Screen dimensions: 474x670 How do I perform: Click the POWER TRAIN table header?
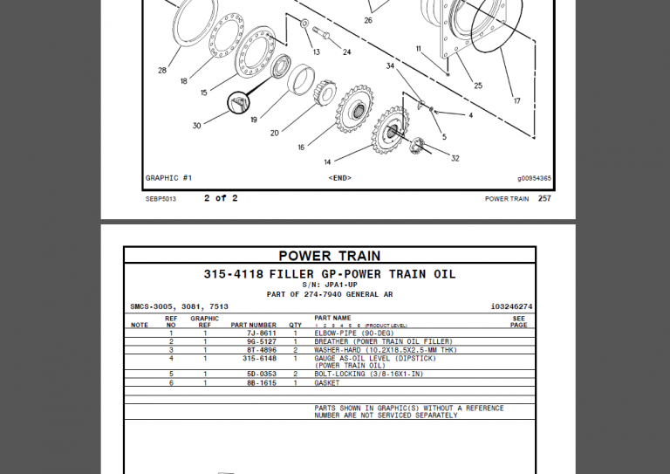[x=329, y=256]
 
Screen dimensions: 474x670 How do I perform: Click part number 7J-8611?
[x=261, y=333]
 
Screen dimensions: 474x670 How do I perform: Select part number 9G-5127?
[x=261, y=341]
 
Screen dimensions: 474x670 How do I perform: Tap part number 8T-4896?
[x=261, y=350]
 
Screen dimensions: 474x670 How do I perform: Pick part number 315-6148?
[x=259, y=358]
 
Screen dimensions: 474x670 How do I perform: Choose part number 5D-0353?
[x=261, y=374]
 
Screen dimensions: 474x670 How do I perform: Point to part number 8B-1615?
[x=261, y=383]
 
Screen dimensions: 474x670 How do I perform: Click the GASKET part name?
[x=327, y=383]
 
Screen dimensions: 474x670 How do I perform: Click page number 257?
[x=544, y=199]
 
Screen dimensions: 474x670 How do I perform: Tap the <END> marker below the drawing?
[x=339, y=178]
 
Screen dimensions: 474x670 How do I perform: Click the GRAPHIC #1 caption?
[x=168, y=178]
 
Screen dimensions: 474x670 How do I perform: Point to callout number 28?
[x=162, y=71]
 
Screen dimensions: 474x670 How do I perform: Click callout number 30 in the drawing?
[x=196, y=126]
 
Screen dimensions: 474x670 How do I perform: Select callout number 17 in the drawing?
[x=516, y=101]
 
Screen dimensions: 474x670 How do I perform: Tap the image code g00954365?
[x=534, y=179]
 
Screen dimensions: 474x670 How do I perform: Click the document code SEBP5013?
[x=161, y=199]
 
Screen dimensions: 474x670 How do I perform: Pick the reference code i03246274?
[x=511, y=306]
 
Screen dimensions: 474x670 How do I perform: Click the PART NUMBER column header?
[x=254, y=326]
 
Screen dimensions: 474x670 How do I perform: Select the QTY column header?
[x=295, y=326]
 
